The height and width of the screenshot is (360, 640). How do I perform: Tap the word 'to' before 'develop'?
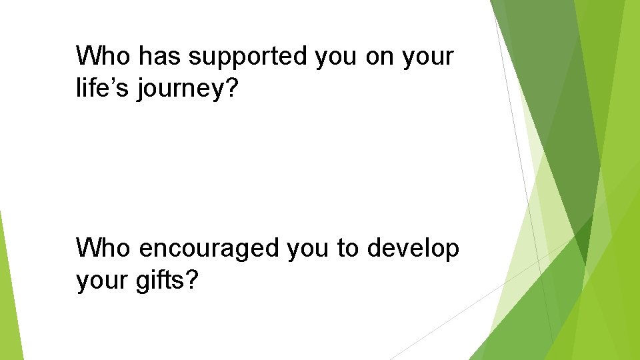347,249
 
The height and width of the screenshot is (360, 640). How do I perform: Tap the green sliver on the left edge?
8,293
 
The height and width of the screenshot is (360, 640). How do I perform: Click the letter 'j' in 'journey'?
141,90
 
